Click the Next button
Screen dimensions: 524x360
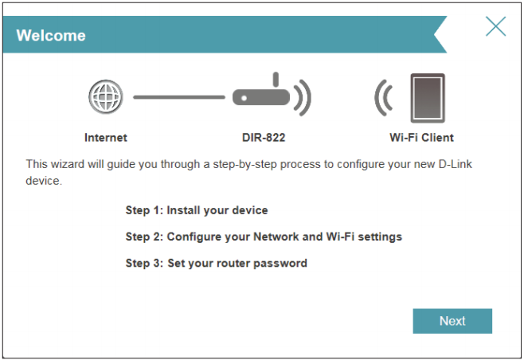click(x=452, y=321)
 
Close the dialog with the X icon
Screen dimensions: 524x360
click(x=495, y=26)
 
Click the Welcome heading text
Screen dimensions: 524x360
click(x=51, y=35)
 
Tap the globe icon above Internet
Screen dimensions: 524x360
click(x=106, y=97)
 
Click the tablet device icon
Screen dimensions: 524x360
click(x=428, y=98)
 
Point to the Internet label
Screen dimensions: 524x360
click(x=106, y=137)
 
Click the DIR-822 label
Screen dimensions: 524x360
click(x=264, y=137)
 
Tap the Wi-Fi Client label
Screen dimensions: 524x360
click(x=421, y=137)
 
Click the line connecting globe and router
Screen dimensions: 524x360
click(x=179, y=97)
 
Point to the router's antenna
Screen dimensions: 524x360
click(x=276, y=80)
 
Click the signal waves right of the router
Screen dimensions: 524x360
click(x=303, y=98)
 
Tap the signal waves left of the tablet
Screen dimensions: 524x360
click(x=384, y=98)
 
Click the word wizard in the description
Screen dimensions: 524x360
click(x=66, y=164)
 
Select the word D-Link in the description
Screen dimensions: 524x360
click(x=456, y=164)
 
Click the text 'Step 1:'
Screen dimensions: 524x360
click(x=144, y=210)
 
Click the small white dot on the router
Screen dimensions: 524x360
click(x=244, y=98)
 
